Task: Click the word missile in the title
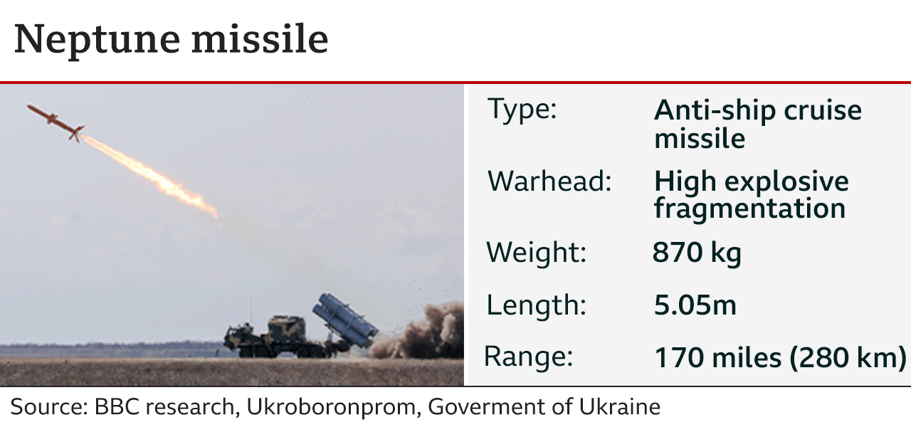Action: point(260,38)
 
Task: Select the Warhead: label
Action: point(549,181)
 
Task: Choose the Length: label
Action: point(537,306)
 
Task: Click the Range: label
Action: point(528,357)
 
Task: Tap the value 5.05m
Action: point(695,305)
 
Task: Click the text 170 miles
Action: point(718,358)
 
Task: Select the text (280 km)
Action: point(848,358)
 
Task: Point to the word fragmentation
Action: point(750,209)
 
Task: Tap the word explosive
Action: point(786,181)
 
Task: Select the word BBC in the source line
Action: point(117,406)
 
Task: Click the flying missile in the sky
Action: point(56,122)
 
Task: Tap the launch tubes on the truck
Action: point(345,320)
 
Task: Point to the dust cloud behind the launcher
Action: point(419,332)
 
